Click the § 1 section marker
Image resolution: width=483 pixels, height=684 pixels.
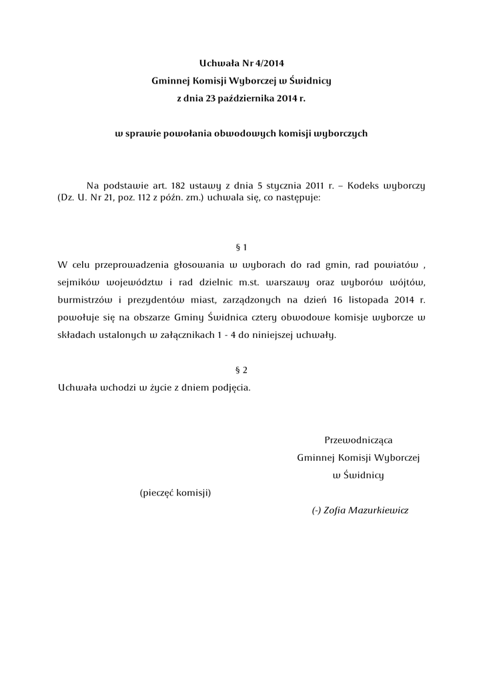coord(241,247)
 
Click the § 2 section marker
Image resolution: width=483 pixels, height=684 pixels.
coord(241,369)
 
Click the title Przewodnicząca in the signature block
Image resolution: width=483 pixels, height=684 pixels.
coord(358,440)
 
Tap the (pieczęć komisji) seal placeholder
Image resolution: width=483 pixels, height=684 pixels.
coord(175,493)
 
